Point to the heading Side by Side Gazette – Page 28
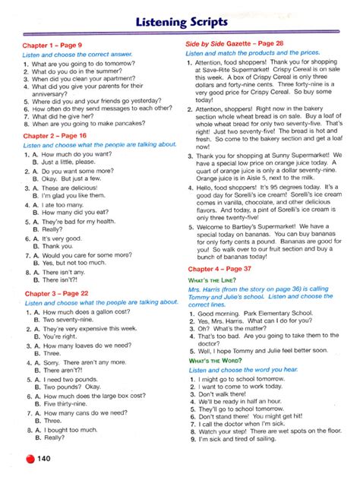point(235,45)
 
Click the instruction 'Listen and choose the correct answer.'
point(77,55)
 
